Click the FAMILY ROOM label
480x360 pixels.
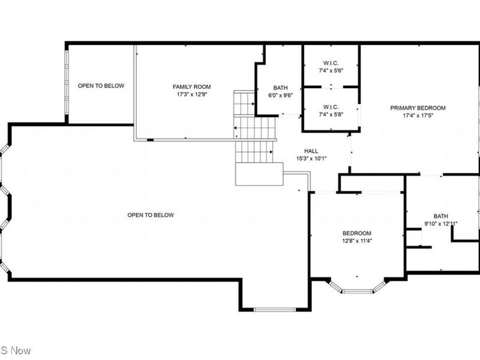pyautogui.click(x=191, y=87)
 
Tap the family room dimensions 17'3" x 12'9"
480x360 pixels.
pyautogui.click(x=191, y=95)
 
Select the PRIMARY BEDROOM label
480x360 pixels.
pyautogui.click(x=418, y=108)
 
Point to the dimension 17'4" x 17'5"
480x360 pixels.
pyautogui.click(x=418, y=116)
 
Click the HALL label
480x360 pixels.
pyautogui.click(x=311, y=151)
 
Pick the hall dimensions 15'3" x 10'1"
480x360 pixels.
pyautogui.click(x=311, y=159)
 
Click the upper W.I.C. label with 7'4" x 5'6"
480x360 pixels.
pyautogui.click(x=331, y=62)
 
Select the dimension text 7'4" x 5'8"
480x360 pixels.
pyautogui.click(x=331, y=115)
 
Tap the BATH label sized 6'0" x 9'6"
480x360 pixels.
pyautogui.click(x=280, y=87)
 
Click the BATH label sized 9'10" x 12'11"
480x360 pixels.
pyautogui.click(x=441, y=217)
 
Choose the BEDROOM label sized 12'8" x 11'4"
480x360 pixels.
pyautogui.click(x=357, y=233)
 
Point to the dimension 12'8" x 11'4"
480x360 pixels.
pyautogui.click(x=357, y=241)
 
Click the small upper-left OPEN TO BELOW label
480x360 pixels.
pyautogui.click(x=101, y=86)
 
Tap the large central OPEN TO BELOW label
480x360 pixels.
pyautogui.click(x=151, y=215)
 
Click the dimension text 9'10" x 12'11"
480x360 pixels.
pyautogui.click(x=441, y=224)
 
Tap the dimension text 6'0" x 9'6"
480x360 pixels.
pyautogui.click(x=280, y=95)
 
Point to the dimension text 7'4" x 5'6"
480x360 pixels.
pyautogui.click(x=331, y=70)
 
